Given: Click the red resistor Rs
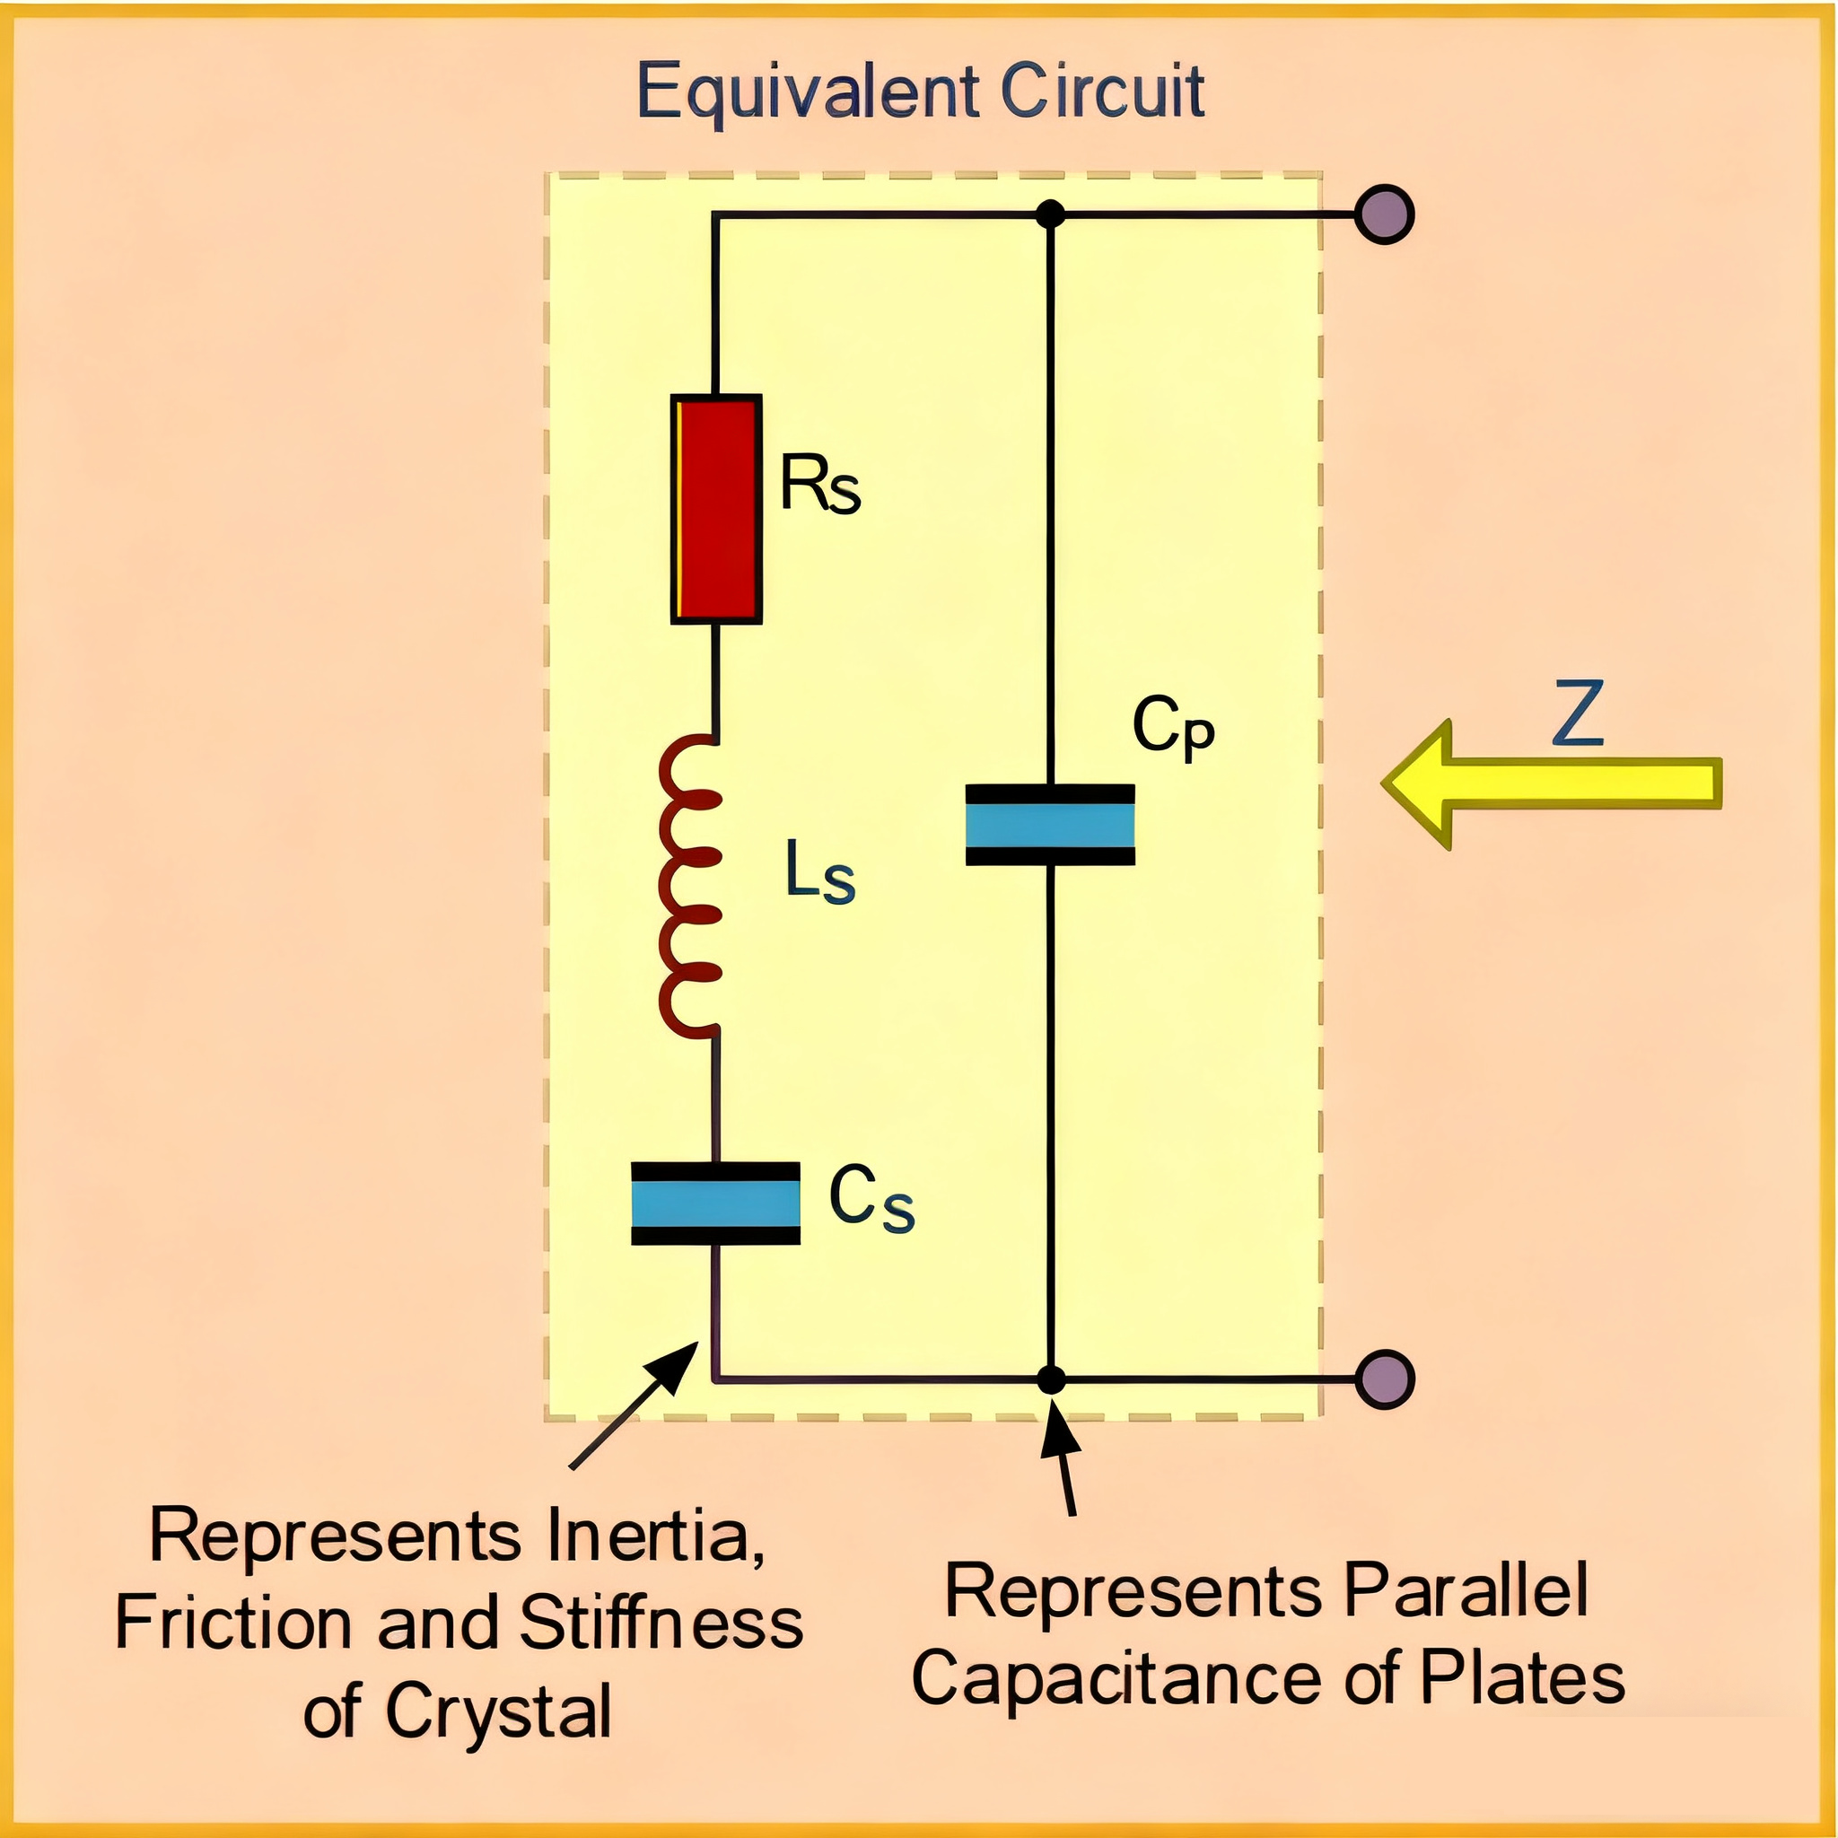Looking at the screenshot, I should [715, 509].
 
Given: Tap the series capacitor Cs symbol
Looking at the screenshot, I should [715, 1203].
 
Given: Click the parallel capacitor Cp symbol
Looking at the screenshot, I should [1049, 824].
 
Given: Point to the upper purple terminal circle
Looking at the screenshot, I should [1384, 214].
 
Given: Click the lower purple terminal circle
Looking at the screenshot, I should [1384, 1378].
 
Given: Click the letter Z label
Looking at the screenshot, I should [1579, 713].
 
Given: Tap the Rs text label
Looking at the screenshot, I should [819, 485].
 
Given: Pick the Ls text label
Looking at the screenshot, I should [819, 872].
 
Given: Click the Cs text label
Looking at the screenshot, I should [871, 1200].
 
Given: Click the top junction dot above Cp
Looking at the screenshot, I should [1049, 214].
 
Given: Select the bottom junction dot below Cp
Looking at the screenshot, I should [1050, 1378].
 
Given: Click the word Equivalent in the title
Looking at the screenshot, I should [808, 93].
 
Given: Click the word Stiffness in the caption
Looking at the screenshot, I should [661, 1623].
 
